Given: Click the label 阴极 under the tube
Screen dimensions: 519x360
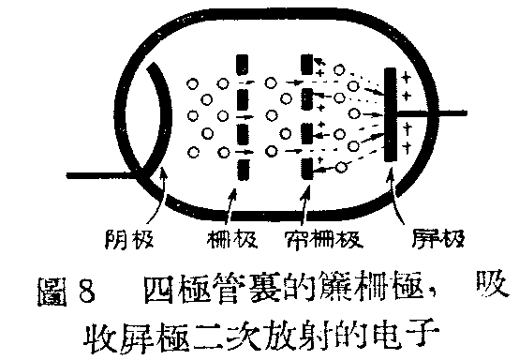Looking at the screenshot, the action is tap(147, 238).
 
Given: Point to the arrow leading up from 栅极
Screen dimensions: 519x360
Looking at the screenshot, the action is tap(236, 198).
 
